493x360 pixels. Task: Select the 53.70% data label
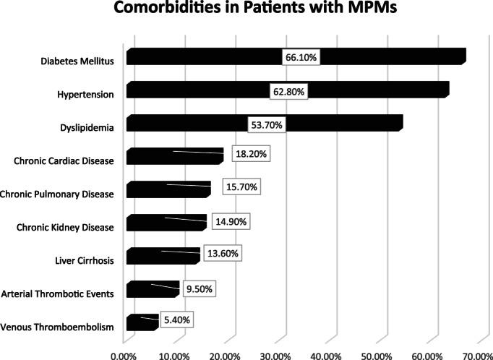tap(265, 124)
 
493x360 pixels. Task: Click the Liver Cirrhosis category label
tap(85, 261)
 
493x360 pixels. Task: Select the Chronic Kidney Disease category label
tap(65, 228)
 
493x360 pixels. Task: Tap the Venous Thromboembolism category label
tap(58, 327)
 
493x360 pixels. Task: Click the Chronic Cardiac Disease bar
tap(173, 156)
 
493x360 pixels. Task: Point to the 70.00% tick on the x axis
tap(477, 354)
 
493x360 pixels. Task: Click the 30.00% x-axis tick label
tap(275, 354)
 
